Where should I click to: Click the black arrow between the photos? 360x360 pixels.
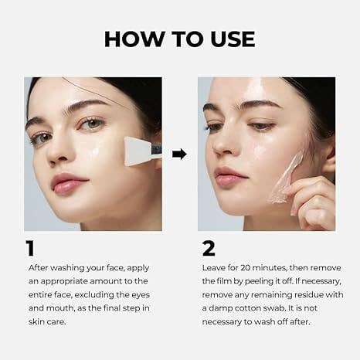click(179, 154)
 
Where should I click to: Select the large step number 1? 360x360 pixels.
click(30, 248)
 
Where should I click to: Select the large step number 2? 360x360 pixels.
click(208, 248)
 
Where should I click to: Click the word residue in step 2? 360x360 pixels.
click(302, 295)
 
